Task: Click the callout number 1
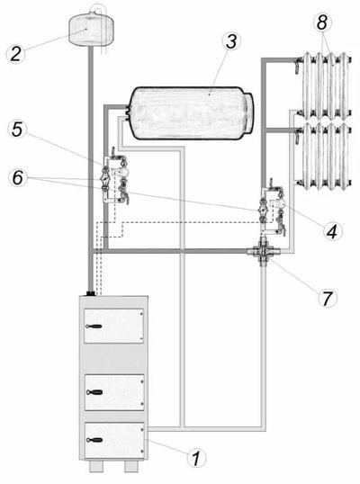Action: click(196, 458)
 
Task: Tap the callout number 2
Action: click(16, 54)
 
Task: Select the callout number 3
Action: click(231, 41)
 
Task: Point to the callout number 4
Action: click(332, 231)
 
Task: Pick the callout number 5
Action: click(17, 130)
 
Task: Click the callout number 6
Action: click(17, 178)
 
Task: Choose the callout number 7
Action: click(327, 298)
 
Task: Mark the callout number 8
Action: click(321, 22)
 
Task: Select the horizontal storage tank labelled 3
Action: click(191, 112)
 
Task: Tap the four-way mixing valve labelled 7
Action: click(263, 252)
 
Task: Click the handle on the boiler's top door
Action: click(94, 327)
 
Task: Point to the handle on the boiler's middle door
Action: click(94, 392)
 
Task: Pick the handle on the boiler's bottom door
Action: click(94, 440)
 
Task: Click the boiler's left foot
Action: click(94, 466)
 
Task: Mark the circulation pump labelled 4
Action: click(279, 203)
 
